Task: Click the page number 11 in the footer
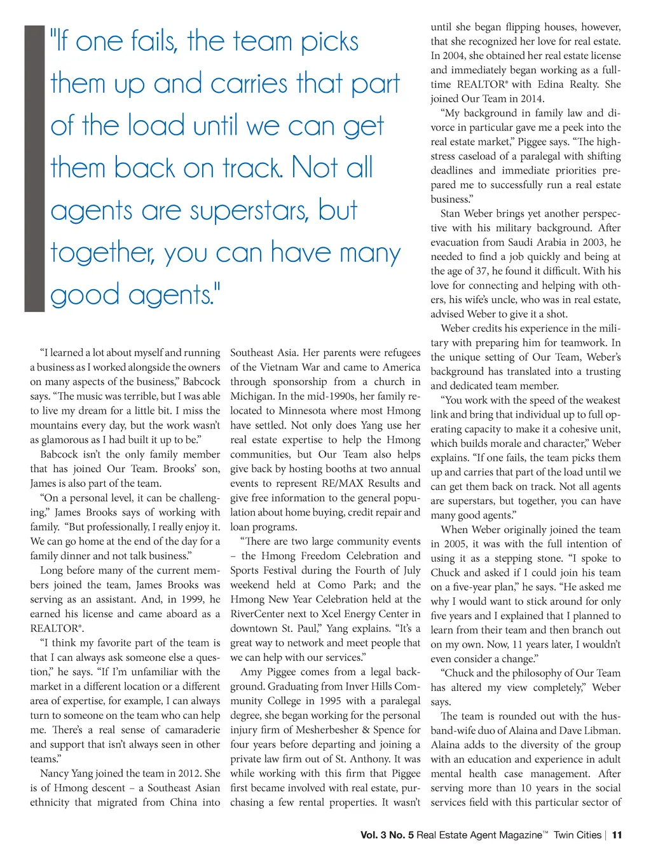[x=617, y=835]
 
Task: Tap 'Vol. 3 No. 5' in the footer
[x=387, y=835]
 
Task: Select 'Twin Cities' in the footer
[x=577, y=835]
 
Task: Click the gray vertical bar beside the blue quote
[x=34, y=168]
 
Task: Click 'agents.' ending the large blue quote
[x=174, y=296]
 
